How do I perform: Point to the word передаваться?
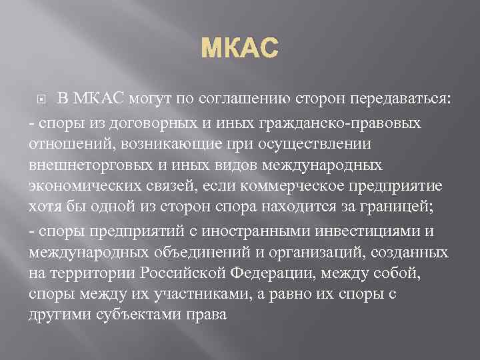point(401,100)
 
